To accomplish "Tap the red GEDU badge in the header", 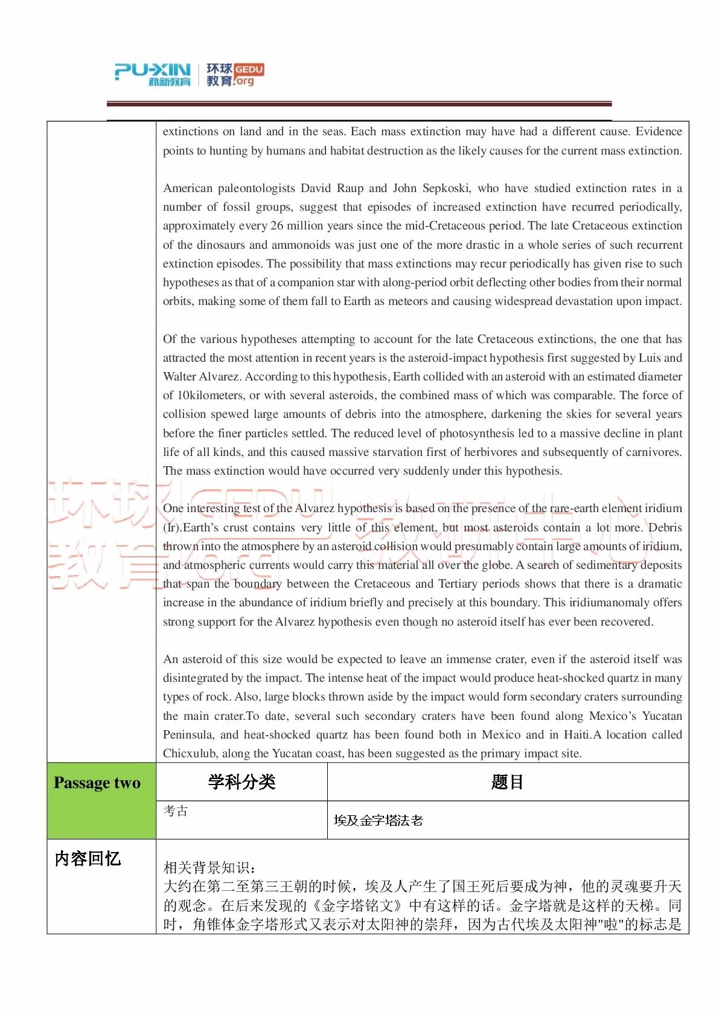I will click(248, 69).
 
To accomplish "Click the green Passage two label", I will click(97, 783).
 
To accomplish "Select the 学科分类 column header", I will click(241, 782).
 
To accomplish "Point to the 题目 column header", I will click(507, 782).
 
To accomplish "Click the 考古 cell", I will click(176, 810).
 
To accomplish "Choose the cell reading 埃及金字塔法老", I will click(378, 820).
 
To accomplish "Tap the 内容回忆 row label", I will click(88, 858).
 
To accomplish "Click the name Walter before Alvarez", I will click(180, 376).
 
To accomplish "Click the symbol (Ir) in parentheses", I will click(171, 527).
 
